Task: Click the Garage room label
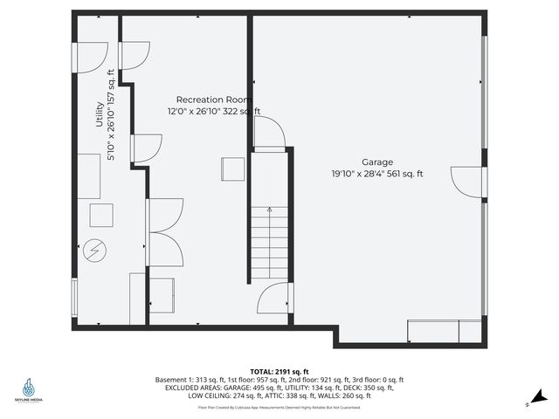(x=377, y=162)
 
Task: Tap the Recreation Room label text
(x=214, y=100)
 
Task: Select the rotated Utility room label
(x=100, y=115)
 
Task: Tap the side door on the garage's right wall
(x=469, y=182)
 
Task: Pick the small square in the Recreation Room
(x=232, y=168)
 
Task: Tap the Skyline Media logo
(x=31, y=389)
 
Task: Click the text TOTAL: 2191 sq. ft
(x=279, y=371)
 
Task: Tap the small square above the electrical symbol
(x=102, y=216)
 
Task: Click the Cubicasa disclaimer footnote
(x=279, y=407)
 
